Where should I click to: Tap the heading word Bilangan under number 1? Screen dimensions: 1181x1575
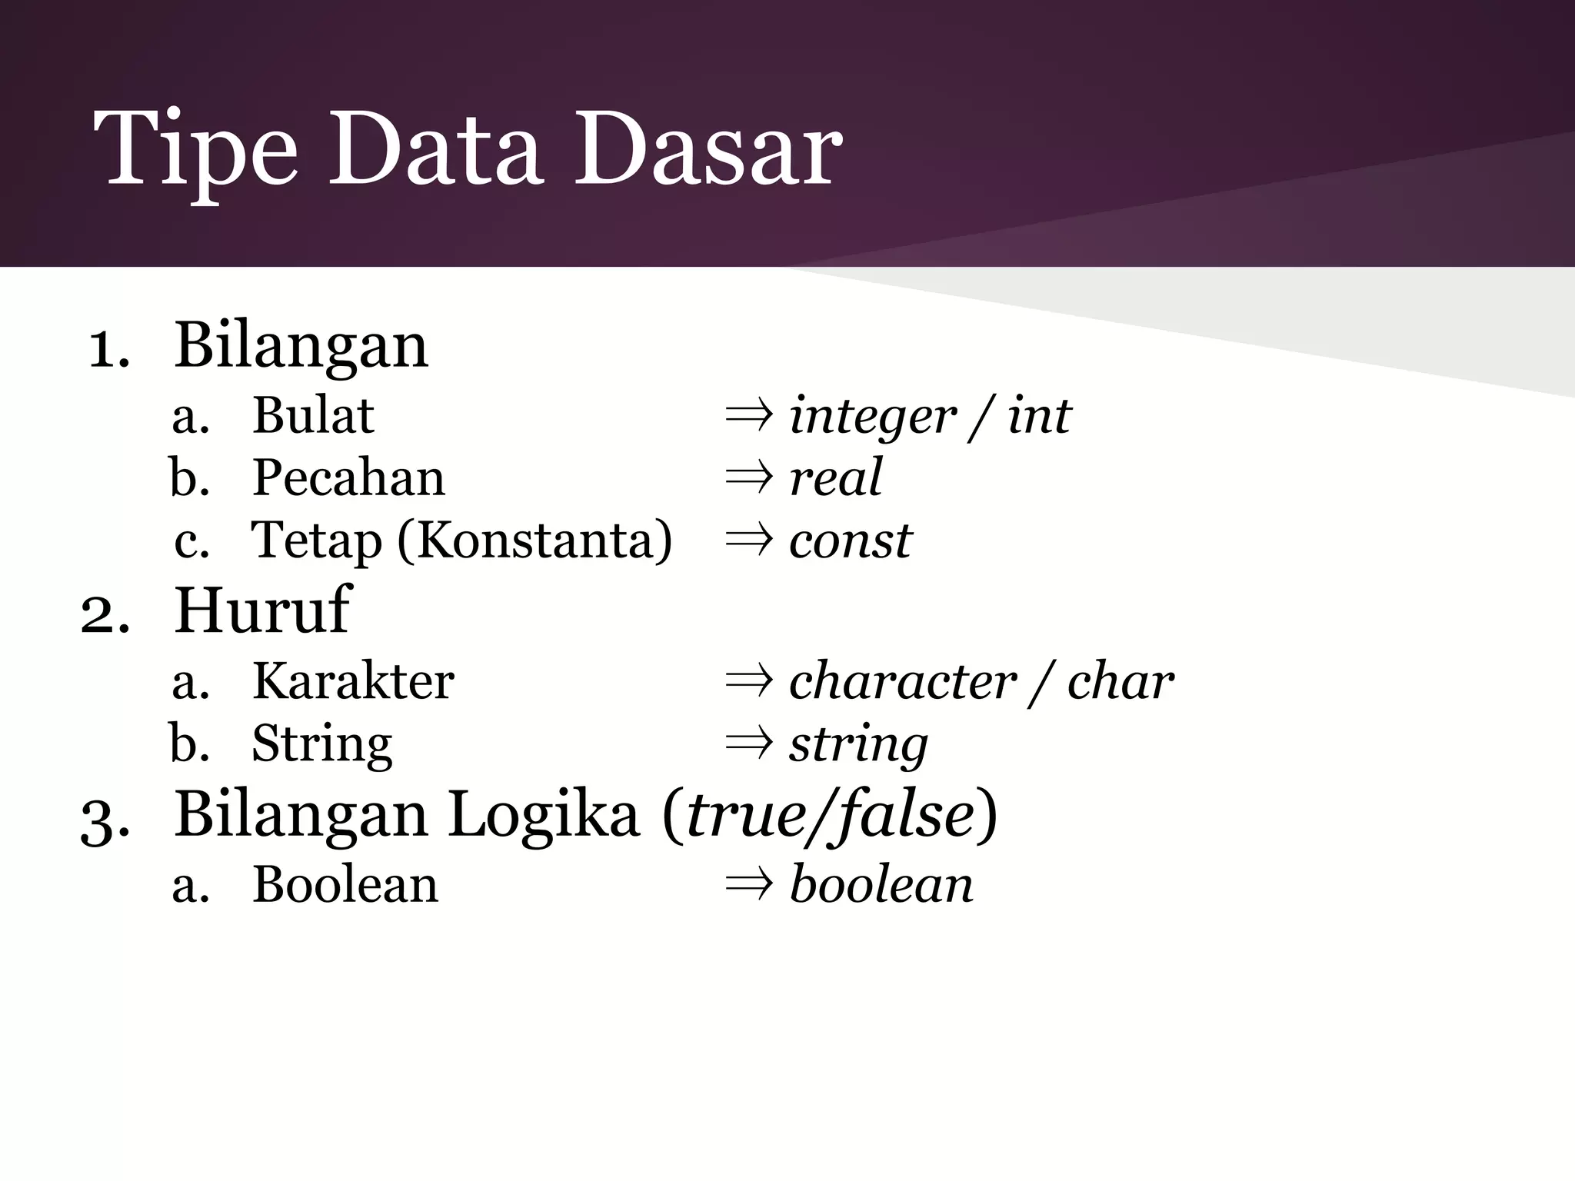[301, 346]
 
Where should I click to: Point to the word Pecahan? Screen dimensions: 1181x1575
[348, 477]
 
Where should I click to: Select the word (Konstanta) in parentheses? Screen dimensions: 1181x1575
[534, 540]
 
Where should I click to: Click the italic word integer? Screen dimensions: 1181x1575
[873, 417]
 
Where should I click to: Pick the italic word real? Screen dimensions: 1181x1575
[836, 477]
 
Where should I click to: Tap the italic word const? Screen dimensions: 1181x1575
[850, 541]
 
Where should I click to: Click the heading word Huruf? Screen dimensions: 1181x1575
[261, 610]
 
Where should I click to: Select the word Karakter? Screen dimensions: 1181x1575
[353, 681]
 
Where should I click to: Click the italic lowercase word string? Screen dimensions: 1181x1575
[858, 744]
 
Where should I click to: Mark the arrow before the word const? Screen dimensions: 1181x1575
[748, 541]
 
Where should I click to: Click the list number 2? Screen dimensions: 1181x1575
[104, 615]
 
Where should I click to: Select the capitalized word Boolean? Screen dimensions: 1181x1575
[345, 884]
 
